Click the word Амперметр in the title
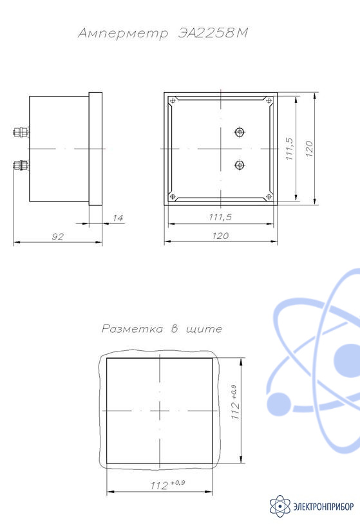point(123,33)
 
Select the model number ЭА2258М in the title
point(213,33)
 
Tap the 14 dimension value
point(118,218)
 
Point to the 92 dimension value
point(57,237)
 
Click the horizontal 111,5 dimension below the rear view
point(220,217)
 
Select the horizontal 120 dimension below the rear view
point(220,236)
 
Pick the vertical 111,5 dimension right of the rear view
point(289,149)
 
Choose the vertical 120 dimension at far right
point(309,149)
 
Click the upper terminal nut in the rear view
point(240,132)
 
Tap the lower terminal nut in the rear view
point(240,164)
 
